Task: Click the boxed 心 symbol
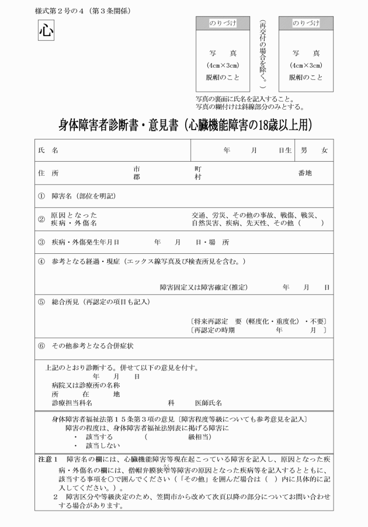(x=46, y=30)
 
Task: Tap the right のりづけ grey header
(x=305, y=23)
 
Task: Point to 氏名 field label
(x=48, y=150)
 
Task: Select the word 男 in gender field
(x=304, y=150)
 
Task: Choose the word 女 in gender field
(x=325, y=150)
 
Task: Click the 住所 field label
(x=48, y=173)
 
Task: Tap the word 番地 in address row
(x=305, y=173)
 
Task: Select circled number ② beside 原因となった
(x=41, y=219)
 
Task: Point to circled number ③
(x=41, y=242)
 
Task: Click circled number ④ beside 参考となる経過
(x=41, y=260)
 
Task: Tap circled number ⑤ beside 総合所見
(x=41, y=302)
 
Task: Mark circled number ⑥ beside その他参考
(x=41, y=345)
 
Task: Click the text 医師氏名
(x=208, y=403)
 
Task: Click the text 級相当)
(x=199, y=437)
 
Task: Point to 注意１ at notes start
(x=48, y=460)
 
